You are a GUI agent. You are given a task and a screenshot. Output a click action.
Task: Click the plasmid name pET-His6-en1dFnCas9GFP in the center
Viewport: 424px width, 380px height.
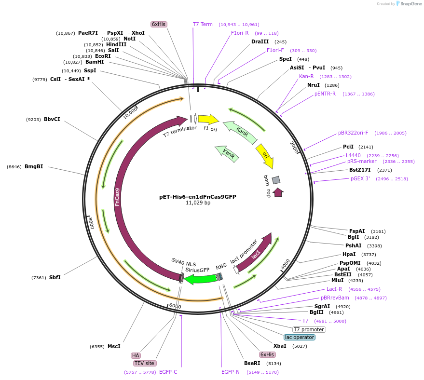(x=197, y=197)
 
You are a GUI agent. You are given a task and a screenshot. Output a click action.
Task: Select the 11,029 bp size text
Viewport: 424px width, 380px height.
(x=198, y=203)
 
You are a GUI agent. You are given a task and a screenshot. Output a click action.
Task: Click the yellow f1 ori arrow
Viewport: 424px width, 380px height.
(x=208, y=119)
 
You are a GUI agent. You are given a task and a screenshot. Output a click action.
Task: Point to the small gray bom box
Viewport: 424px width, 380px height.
(x=276, y=180)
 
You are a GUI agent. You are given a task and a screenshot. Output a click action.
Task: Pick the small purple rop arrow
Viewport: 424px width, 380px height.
(x=278, y=192)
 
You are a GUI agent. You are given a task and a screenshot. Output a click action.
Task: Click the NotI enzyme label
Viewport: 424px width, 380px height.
(x=129, y=39)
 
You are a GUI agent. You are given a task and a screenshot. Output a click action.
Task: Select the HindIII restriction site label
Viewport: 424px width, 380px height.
(x=116, y=44)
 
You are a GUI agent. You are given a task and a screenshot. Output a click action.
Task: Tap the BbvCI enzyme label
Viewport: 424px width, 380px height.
(x=52, y=119)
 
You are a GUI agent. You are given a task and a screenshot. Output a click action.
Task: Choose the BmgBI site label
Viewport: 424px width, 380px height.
(x=34, y=167)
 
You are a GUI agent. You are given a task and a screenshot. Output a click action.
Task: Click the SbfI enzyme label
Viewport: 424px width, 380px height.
(x=55, y=277)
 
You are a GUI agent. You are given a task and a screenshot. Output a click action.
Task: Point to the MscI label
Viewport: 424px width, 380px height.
(x=114, y=346)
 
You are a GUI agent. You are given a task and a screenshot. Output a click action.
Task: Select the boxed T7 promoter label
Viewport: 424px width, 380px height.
(x=309, y=329)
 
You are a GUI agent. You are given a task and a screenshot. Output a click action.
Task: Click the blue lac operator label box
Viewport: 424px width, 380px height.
(x=300, y=337)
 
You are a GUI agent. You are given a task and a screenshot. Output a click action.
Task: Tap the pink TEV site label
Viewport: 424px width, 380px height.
(x=145, y=363)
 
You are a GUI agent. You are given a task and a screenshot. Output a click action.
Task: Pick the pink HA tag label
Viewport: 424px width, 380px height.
(x=136, y=355)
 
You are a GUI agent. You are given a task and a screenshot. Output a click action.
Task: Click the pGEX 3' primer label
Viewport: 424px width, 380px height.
(x=360, y=178)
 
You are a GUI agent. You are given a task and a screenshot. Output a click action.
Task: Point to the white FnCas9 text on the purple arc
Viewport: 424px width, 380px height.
(x=118, y=197)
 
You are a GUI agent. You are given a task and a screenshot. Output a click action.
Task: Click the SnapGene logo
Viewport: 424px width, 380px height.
(x=409, y=4)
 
